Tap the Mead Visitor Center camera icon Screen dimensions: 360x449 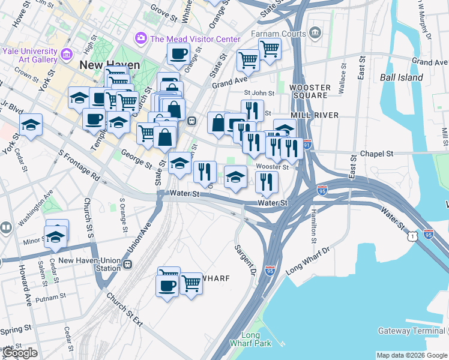click(142, 39)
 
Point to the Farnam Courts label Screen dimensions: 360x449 click(279, 34)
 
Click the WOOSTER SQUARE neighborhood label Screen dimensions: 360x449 click(310, 91)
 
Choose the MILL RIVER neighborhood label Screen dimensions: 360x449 click(315, 115)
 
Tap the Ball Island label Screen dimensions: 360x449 click(402, 77)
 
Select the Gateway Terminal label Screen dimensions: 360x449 click(409, 331)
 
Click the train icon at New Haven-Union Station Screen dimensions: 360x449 click(127, 264)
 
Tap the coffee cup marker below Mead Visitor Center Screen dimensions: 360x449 click(178, 54)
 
